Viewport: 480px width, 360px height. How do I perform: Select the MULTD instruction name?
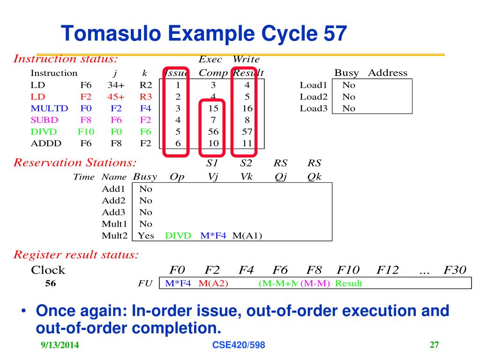pos(49,109)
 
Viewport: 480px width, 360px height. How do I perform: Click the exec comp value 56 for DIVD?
pos(213,132)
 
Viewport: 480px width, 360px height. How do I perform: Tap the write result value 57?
pos(247,132)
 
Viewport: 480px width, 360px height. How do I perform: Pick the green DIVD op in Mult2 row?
pos(179,235)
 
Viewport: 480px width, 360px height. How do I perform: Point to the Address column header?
pos(388,73)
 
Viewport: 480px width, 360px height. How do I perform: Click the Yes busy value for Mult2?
pos(146,235)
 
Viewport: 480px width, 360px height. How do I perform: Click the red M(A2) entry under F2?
pos(213,284)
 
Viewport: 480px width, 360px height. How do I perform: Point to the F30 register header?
pos(455,270)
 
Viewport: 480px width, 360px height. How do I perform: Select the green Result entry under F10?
pos(348,284)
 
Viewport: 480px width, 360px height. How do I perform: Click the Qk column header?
pos(315,177)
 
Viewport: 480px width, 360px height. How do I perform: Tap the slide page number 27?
pos(434,345)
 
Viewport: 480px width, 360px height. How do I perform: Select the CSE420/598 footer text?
pos(239,345)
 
